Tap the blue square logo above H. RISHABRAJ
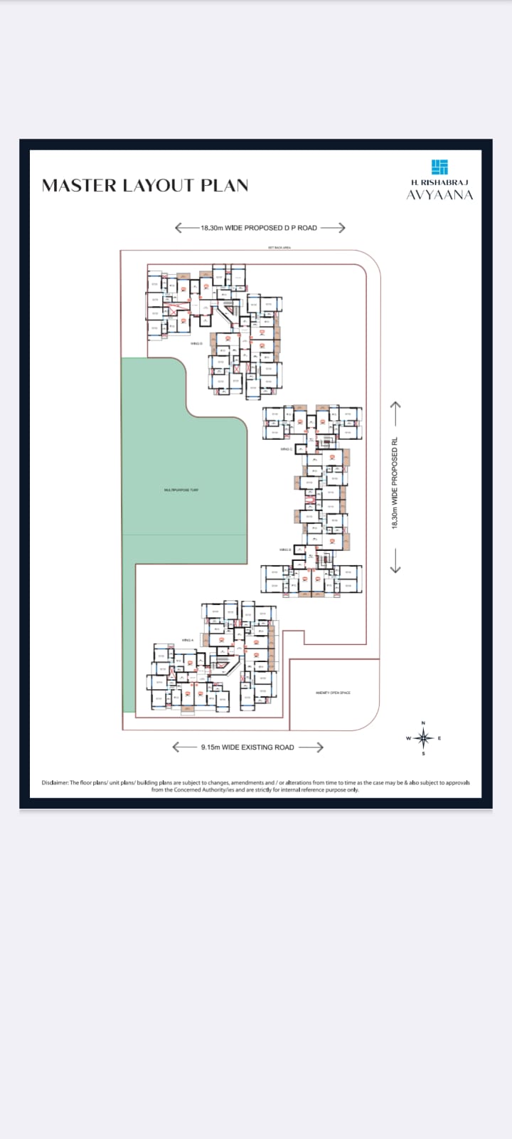click(x=439, y=167)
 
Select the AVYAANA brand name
click(x=439, y=195)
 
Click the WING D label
click(x=196, y=344)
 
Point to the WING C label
click(x=286, y=449)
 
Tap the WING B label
click(x=286, y=550)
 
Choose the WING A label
click(x=188, y=640)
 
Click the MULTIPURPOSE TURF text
click(x=181, y=490)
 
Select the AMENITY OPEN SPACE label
click(x=333, y=693)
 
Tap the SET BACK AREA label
click(x=279, y=247)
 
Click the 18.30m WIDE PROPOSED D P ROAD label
click(x=259, y=228)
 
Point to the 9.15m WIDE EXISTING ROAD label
click(x=247, y=747)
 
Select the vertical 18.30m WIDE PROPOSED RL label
click(x=395, y=483)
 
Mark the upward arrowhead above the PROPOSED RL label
click(x=395, y=405)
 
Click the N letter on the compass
click(x=423, y=723)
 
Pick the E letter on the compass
click(x=439, y=738)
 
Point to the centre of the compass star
click(x=423, y=738)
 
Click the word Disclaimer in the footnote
click(x=55, y=782)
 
